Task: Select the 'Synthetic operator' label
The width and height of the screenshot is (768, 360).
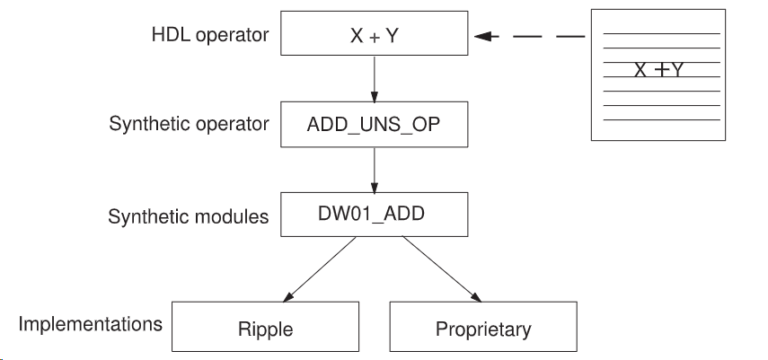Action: [x=189, y=124]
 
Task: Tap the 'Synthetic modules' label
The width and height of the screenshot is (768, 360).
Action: [x=189, y=216]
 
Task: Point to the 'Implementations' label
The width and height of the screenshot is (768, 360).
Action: [x=91, y=323]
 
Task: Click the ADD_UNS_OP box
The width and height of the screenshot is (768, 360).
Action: [x=375, y=125]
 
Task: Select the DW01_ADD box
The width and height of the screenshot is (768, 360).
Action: [x=375, y=215]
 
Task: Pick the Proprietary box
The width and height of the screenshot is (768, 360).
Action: [x=483, y=329]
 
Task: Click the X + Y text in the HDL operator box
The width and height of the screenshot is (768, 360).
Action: [x=375, y=37]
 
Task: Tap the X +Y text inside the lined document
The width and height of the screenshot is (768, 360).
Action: [x=658, y=69]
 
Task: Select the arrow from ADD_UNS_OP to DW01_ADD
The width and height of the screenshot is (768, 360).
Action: [x=375, y=171]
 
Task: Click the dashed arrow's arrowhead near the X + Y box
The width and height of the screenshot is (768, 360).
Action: [x=485, y=37]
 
